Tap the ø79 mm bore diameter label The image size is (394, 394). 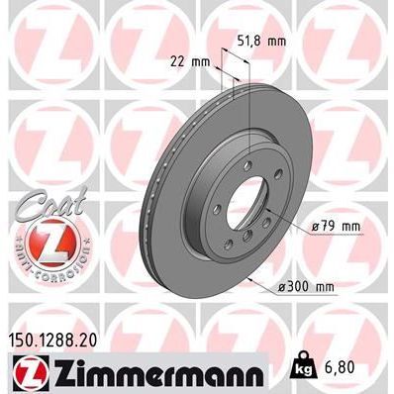pyautogui.click(x=335, y=227)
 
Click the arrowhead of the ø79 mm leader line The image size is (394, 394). pyautogui.click(x=282, y=222)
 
